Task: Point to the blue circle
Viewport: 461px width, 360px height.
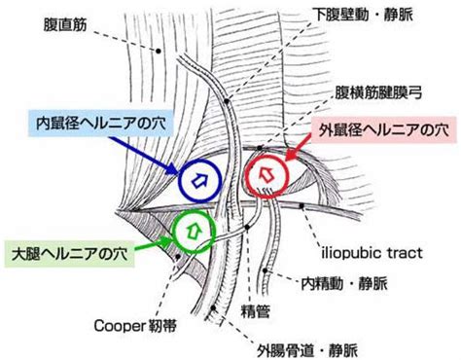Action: pos(201,178)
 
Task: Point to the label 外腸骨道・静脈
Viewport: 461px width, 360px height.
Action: pos(306,347)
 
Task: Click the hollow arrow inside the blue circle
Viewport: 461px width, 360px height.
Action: pos(201,178)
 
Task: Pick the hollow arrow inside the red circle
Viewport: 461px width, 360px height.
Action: pos(270,171)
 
